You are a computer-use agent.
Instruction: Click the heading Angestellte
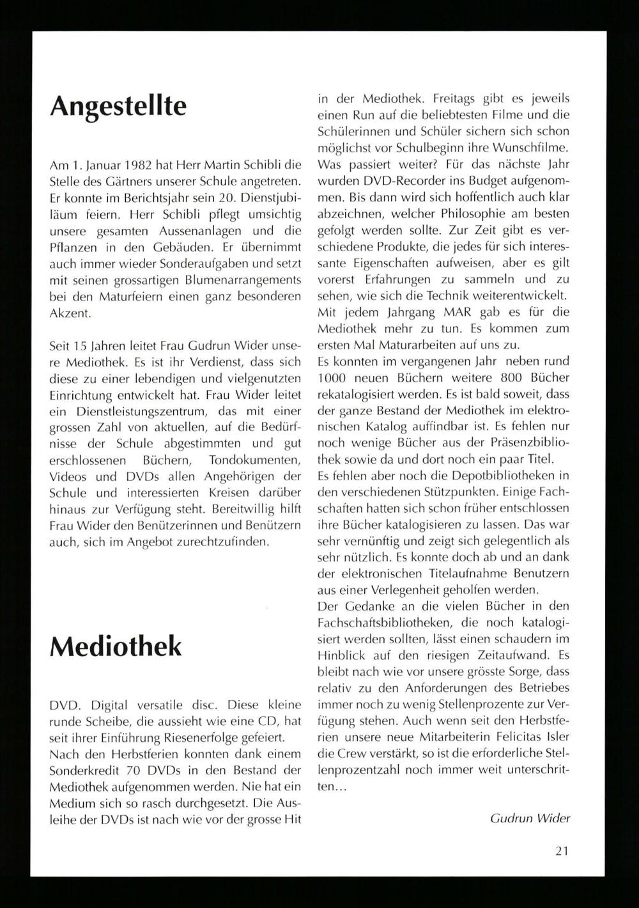tap(118, 106)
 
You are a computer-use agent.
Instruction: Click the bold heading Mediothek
tap(116, 646)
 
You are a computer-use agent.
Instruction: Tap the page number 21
tap(562, 850)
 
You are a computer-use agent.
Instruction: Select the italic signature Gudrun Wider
tap(530, 818)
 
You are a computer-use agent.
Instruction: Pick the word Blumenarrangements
tap(235, 280)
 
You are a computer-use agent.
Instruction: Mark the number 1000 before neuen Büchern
tap(332, 377)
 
